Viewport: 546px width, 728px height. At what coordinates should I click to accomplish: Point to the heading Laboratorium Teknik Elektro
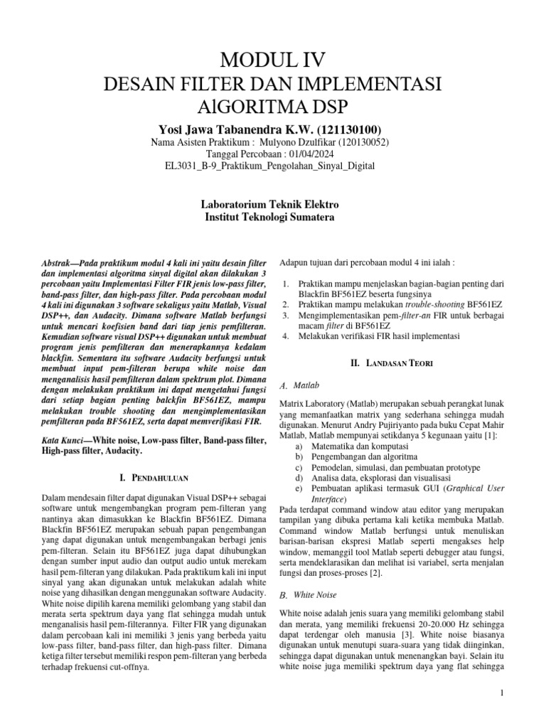[x=272, y=204]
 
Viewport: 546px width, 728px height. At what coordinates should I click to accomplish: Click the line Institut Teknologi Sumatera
[x=272, y=217]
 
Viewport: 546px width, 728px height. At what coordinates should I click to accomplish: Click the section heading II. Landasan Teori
[x=392, y=363]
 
